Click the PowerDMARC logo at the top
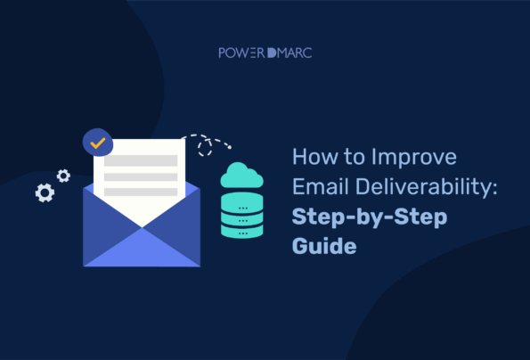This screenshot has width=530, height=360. (265, 53)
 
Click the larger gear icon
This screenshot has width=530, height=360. (44, 191)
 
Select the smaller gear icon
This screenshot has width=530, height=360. (63, 175)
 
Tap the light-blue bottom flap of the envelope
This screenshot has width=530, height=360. (142, 249)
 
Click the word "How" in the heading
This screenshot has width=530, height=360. (311, 159)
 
